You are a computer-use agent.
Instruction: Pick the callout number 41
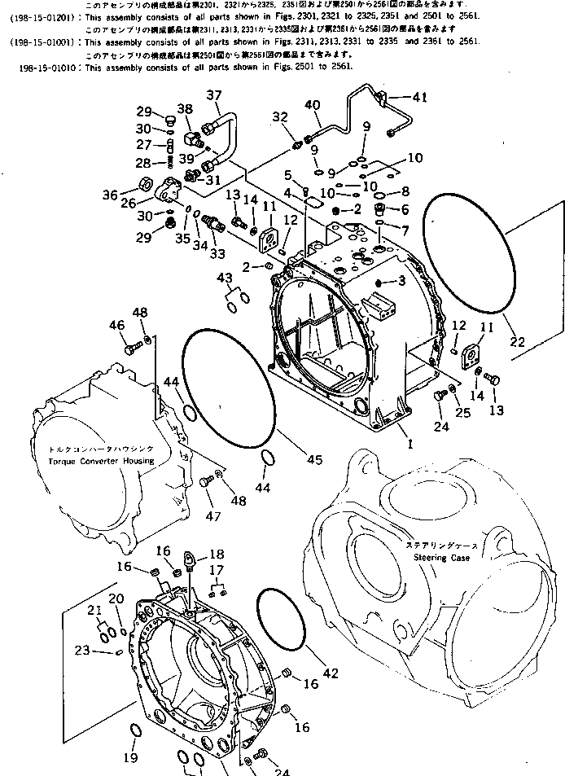tap(419, 98)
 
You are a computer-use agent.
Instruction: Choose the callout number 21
tap(95, 612)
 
